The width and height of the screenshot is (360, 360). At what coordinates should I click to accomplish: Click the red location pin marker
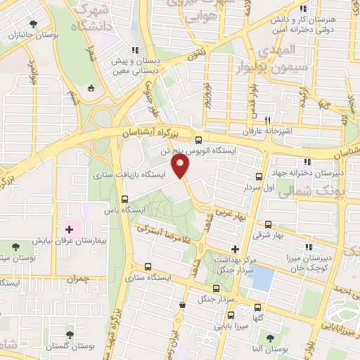[x=181, y=167]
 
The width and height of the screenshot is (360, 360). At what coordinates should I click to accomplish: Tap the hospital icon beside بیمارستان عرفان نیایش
[x=70, y=229]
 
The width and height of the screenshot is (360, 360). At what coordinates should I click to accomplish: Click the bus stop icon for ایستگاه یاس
[x=125, y=199]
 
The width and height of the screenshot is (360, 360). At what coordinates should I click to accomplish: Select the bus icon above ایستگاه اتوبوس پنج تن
[x=199, y=139]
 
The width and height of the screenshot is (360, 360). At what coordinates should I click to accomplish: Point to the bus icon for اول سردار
[x=259, y=176]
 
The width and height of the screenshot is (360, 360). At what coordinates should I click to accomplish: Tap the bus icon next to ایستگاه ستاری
[x=148, y=266]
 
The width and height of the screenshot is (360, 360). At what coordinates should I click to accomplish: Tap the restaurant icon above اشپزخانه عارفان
[x=268, y=120]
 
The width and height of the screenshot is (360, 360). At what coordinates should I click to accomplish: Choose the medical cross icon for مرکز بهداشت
[x=235, y=249]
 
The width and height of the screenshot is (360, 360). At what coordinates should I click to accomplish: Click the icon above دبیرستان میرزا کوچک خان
[x=307, y=247]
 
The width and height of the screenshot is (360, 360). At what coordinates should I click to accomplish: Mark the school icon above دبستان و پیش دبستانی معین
[x=134, y=50]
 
